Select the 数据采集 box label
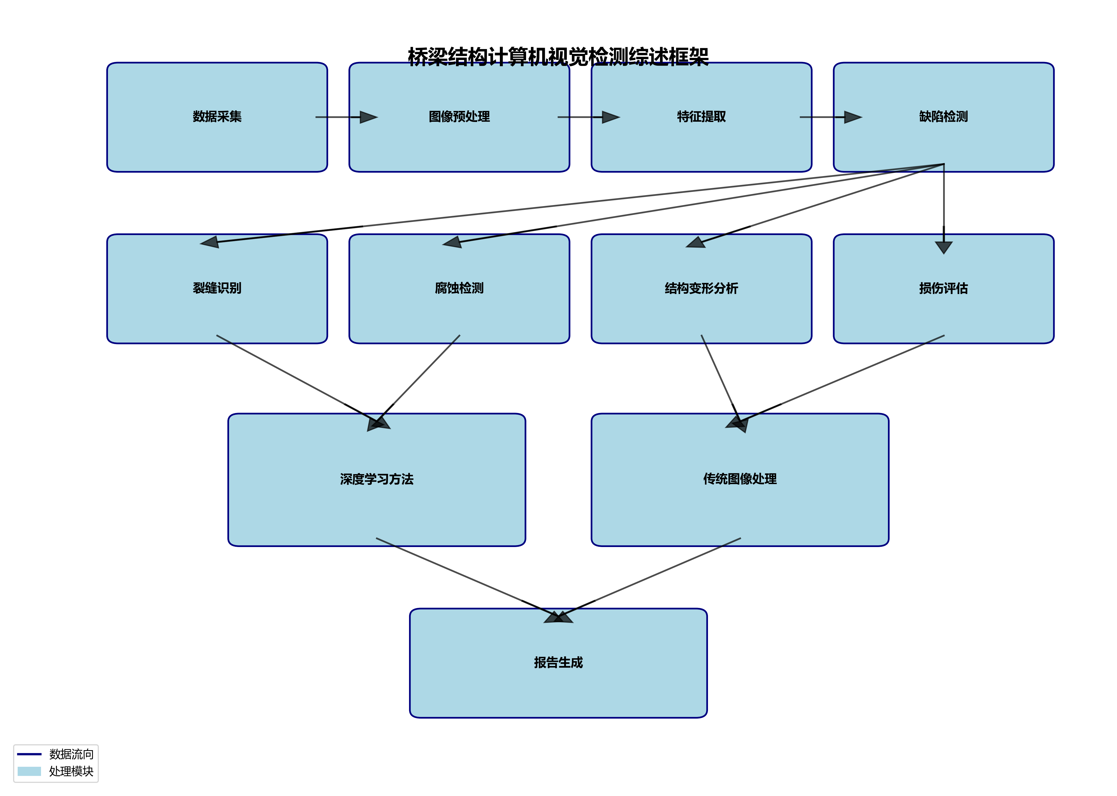tap(217, 117)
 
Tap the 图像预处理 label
tap(459, 117)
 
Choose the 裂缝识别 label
tap(217, 288)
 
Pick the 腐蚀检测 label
tap(459, 288)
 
